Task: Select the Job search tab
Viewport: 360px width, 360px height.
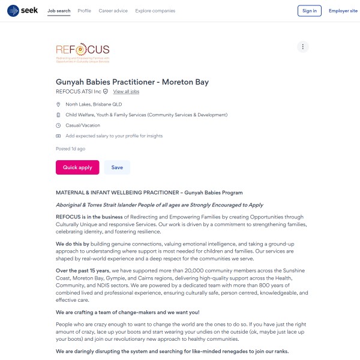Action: click(59, 11)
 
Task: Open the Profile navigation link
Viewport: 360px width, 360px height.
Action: click(85, 11)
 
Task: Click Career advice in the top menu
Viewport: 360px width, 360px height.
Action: click(113, 11)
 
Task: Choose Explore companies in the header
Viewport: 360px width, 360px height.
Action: click(155, 11)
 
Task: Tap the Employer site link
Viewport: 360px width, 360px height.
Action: click(343, 11)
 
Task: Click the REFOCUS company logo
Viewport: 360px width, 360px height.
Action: click(83, 53)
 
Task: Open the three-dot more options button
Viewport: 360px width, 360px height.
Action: click(303, 47)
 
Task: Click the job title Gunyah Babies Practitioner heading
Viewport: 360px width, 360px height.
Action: click(132, 82)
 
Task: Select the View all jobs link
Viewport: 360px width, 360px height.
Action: click(126, 92)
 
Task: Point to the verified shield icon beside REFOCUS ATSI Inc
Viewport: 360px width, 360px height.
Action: click(106, 92)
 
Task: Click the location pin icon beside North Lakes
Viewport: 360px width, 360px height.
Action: click(58, 104)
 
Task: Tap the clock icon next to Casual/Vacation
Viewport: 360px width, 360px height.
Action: click(58, 125)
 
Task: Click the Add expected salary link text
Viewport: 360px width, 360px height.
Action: click(114, 136)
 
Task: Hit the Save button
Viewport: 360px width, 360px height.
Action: click(117, 167)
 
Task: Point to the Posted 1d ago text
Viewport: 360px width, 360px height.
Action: click(70, 149)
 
